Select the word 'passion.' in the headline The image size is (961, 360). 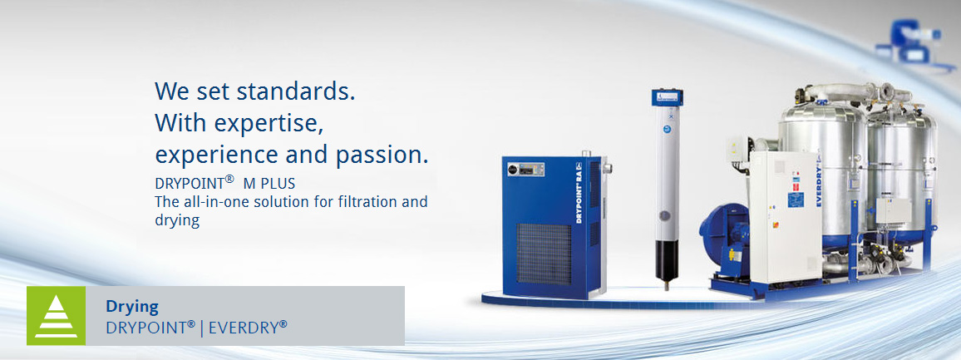382,155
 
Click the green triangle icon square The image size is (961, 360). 56,315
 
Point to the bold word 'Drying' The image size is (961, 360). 132,307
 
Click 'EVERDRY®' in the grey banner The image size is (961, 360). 248,328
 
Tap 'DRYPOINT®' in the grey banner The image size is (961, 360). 150,328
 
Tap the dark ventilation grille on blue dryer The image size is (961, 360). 544,254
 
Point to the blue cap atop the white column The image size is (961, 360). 667,96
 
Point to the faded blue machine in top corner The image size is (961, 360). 913,39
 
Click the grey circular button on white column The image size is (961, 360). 664,216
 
